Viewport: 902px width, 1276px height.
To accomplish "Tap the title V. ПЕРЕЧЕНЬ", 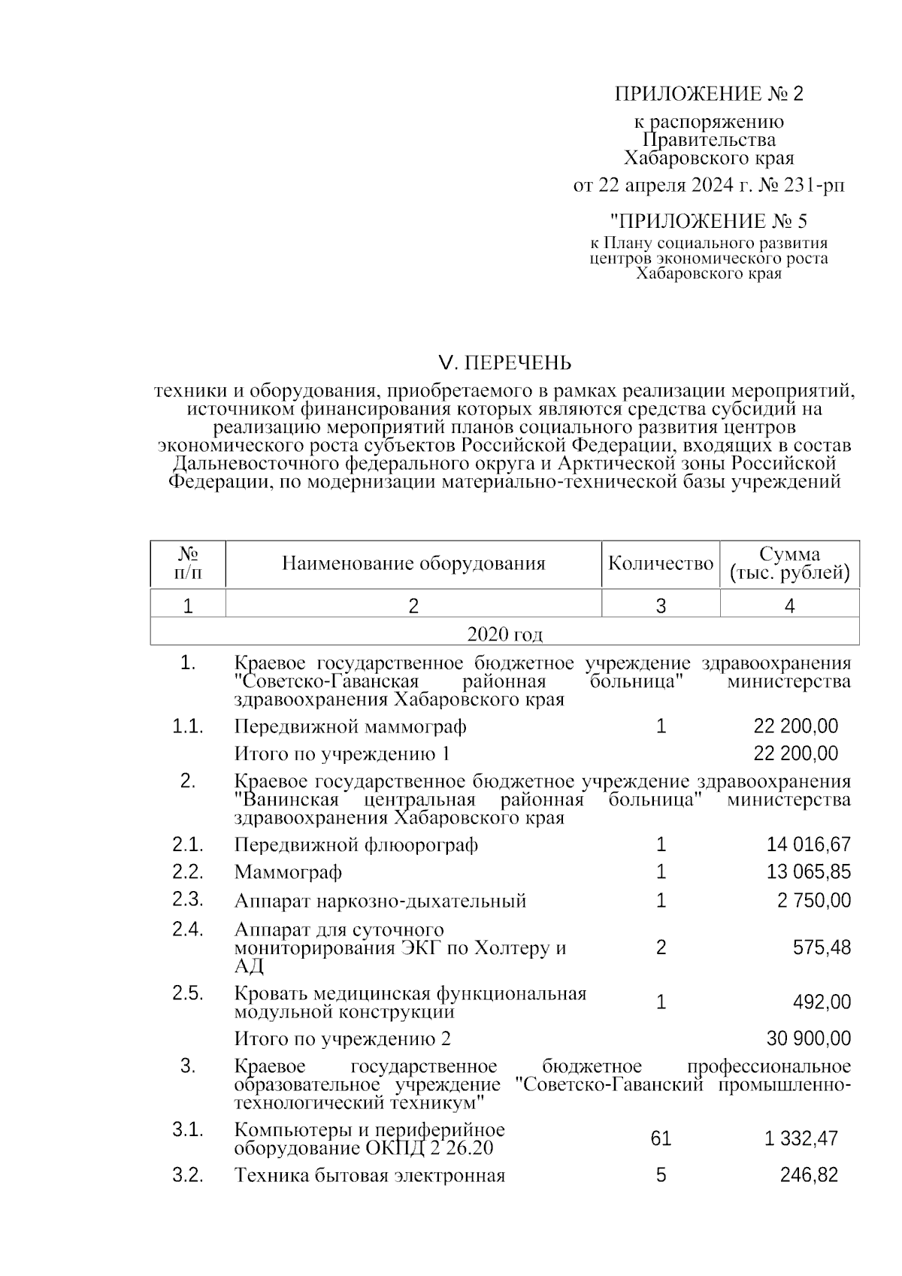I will [x=504, y=363].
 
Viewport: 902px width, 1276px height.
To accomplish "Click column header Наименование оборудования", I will [x=413, y=563].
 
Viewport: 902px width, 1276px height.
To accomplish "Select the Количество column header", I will [x=660, y=563].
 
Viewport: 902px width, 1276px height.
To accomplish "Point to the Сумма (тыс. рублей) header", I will [x=789, y=564].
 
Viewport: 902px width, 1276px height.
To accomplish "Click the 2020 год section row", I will [x=504, y=635].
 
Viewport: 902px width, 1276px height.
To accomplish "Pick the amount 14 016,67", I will [x=809, y=844].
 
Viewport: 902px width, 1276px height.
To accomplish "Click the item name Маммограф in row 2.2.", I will [x=288, y=872].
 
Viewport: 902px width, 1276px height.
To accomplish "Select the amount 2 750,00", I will [x=814, y=900].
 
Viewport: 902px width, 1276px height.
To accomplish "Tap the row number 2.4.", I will [x=188, y=929].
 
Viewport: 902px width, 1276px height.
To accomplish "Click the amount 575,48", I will [x=822, y=947].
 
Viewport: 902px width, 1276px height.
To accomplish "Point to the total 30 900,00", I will [x=809, y=1038].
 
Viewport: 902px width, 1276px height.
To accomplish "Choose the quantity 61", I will [x=661, y=1139].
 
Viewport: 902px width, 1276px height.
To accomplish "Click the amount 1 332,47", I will [x=801, y=1139].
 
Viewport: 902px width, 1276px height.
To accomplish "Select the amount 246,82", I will [x=809, y=1174].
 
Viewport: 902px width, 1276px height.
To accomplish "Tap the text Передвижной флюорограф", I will [x=356, y=845].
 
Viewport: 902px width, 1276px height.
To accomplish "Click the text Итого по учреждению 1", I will [x=342, y=753].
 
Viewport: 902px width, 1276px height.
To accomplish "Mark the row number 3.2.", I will [x=188, y=1174].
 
